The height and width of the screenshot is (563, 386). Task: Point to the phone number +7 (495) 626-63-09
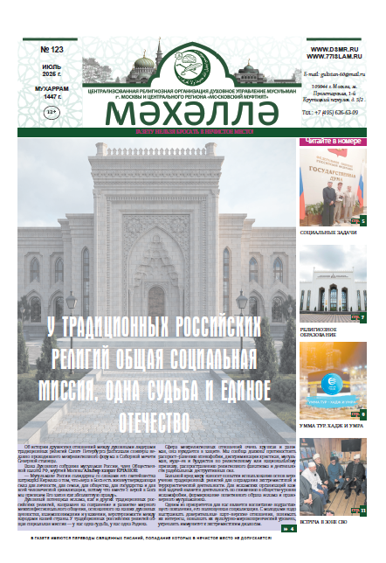[337, 112]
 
